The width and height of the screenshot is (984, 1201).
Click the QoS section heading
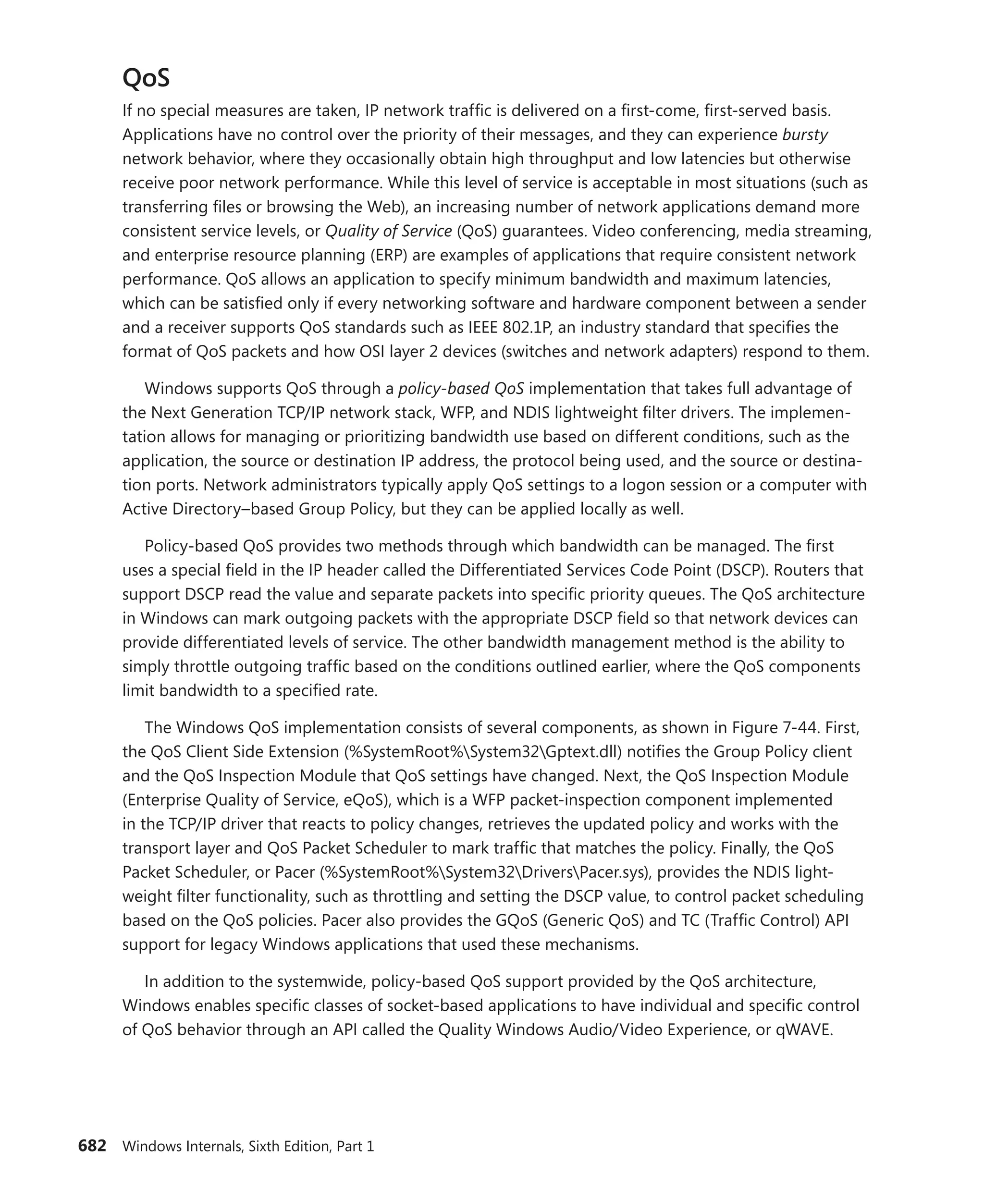point(146,78)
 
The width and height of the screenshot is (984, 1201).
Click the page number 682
point(92,1146)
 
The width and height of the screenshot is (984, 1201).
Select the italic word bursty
point(805,135)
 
